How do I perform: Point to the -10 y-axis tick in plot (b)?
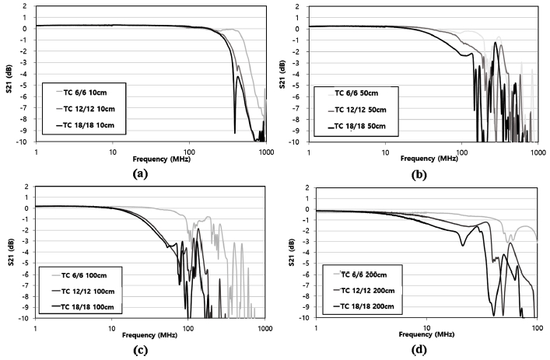click(300, 142)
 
